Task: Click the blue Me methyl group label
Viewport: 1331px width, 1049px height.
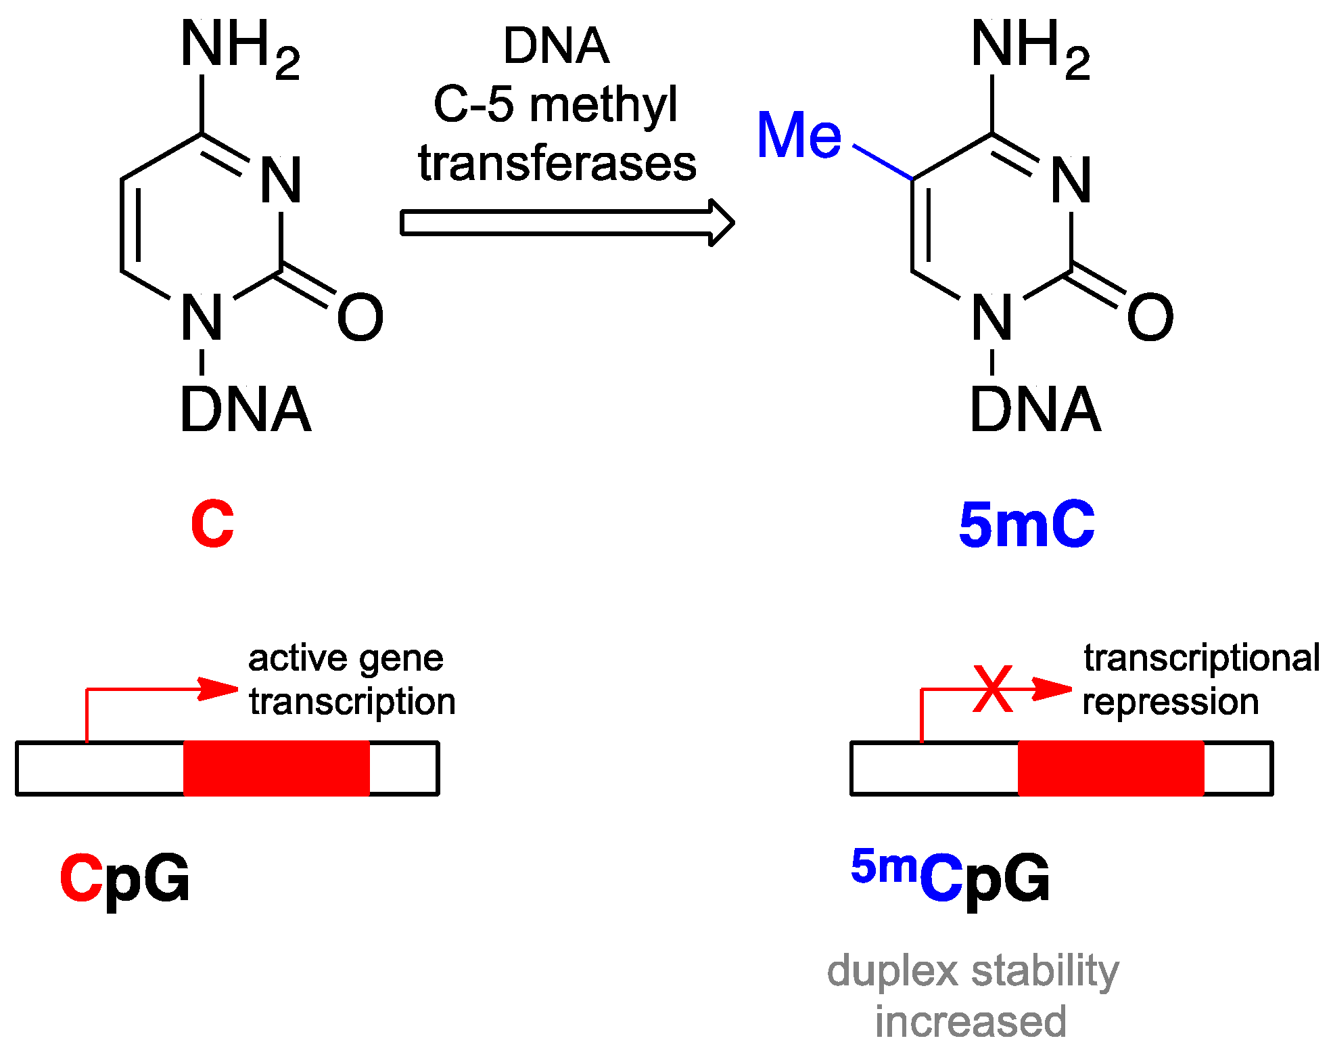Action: pos(799,135)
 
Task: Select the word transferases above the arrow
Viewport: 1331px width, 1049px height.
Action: pos(557,164)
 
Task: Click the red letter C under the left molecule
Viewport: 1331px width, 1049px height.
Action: pos(212,524)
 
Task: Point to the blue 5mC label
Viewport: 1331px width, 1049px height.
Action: pos(1026,524)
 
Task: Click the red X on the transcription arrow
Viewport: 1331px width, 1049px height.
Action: pos(992,689)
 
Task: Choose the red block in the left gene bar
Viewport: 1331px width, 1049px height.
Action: pos(277,768)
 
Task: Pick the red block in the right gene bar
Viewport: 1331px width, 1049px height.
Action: pos(1111,768)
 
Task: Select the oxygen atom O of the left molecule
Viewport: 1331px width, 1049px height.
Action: pos(360,317)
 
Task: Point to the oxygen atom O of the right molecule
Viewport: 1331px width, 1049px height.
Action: pos(1150,317)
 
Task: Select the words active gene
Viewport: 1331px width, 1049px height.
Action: pos(346,659)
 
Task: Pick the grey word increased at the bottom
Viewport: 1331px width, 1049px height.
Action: pos(971,1021)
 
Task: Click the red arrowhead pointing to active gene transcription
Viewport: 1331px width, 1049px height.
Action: pos(218,689)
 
